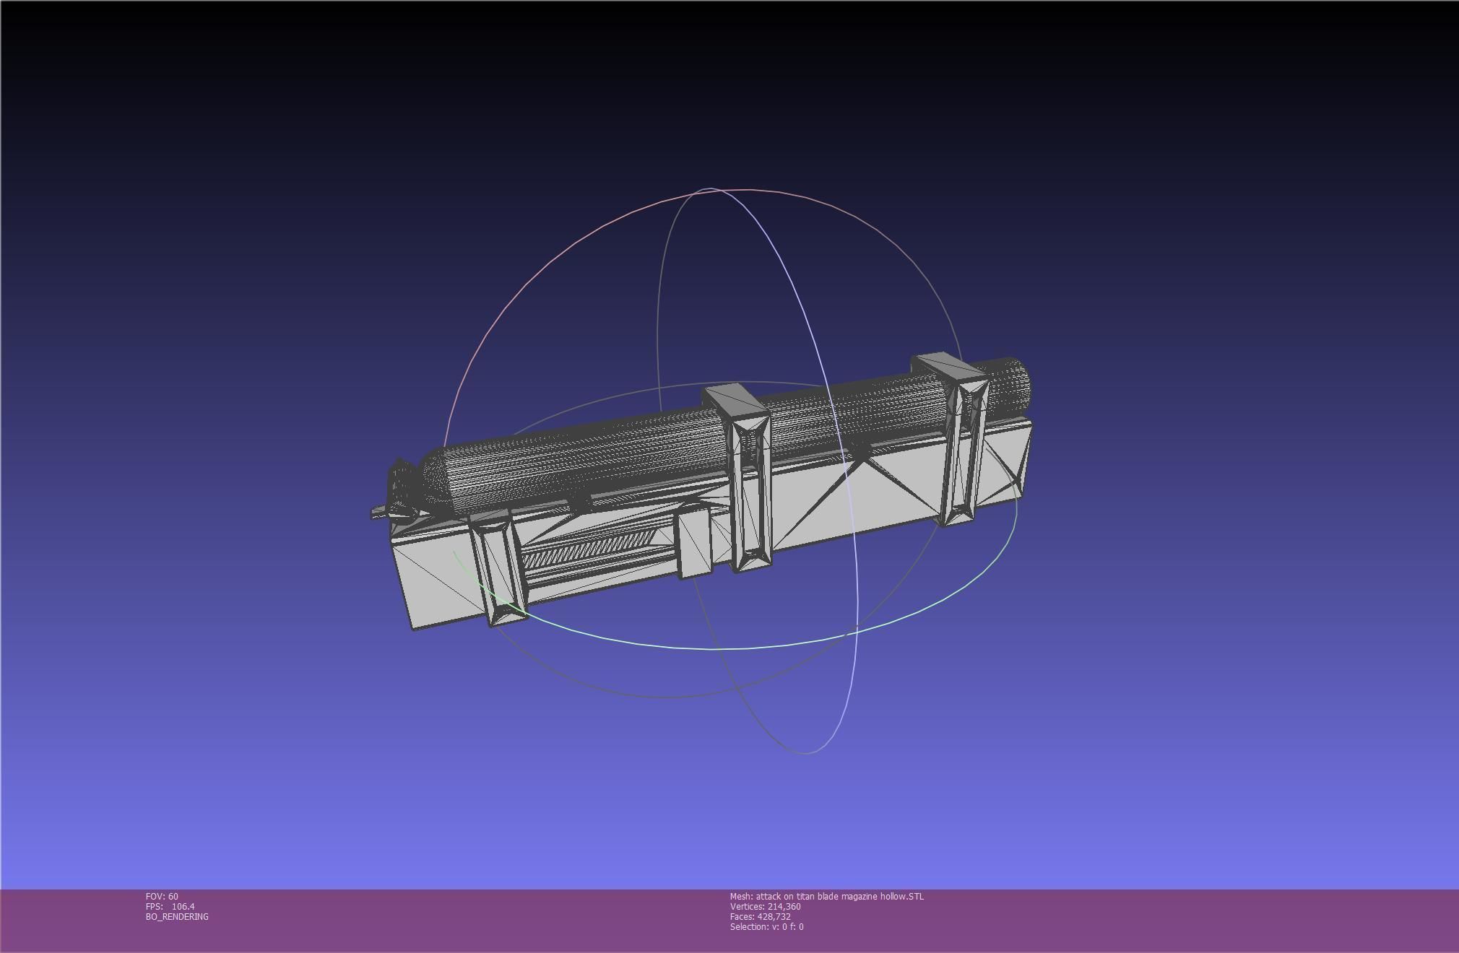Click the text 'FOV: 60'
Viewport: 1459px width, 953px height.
click(162, 896)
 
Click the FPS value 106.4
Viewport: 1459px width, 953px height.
click(183, 906)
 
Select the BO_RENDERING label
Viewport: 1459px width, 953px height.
click(177, 916)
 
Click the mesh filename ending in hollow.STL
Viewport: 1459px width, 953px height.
click(826, 896)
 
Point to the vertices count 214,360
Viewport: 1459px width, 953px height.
click(784, 906)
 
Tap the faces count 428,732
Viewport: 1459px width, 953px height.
click(774, 916)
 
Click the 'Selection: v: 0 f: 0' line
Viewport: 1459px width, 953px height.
click(766, 926)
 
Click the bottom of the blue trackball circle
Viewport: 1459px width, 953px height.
click(805, 753)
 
